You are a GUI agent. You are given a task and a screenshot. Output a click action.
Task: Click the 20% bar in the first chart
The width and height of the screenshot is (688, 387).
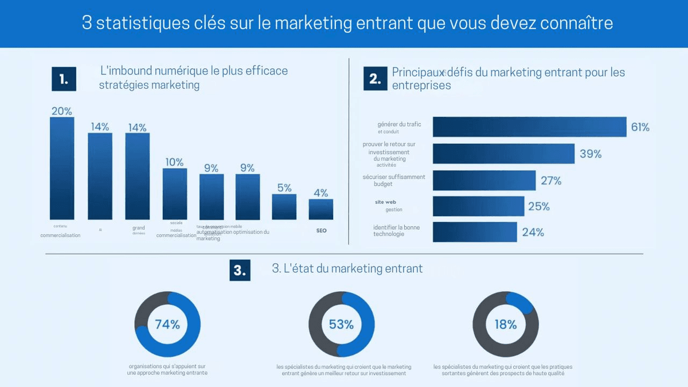pyautogui.click(x=62, y=169)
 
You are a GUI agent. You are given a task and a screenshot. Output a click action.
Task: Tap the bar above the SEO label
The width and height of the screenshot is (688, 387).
pyautogui.click(x=320, y=209)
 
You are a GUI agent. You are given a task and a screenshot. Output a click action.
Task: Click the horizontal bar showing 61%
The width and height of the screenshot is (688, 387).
pyautogui.click(x=529, y=127)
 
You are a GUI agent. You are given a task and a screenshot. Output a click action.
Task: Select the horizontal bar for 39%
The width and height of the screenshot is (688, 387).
pyautogui.click(x=503, y=154)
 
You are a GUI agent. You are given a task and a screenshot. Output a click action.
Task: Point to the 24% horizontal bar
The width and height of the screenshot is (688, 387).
pyautogui.click(x=474, y=232)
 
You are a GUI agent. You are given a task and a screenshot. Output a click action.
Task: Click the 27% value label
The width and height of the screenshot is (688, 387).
pyautogui.click(x=551, y=181)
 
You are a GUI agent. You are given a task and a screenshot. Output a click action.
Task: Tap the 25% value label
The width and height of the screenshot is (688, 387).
pyautogui.click(x=539, y=206)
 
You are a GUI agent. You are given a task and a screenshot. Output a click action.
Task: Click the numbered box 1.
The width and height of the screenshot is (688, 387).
pyautogui.click(x=64, y=79)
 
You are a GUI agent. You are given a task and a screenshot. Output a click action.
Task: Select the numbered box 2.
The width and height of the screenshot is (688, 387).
pyautogui.click(x=376, y=79)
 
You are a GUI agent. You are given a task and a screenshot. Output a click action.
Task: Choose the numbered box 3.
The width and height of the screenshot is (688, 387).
pyautogui.click(x=240, y=269)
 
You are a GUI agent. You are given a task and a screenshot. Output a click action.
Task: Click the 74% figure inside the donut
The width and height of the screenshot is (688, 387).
pyautogui.click(x=167, y=325)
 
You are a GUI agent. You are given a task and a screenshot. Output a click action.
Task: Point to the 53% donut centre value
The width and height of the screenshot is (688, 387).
pyautogui.click(x=341, y=325)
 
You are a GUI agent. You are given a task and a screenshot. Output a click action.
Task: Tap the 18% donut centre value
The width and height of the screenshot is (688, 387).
pyautogui.click(x=506, y=325)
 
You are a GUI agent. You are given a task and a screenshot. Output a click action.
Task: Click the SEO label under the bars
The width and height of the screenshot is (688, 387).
pyautogui.click(x=321, y=230)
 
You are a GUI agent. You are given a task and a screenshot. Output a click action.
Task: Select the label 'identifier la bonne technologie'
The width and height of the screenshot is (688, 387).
pyautogui.click(x=396, y=230)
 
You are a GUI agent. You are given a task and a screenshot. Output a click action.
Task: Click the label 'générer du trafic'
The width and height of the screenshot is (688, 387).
pyautogui.click(x=399, y=124)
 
